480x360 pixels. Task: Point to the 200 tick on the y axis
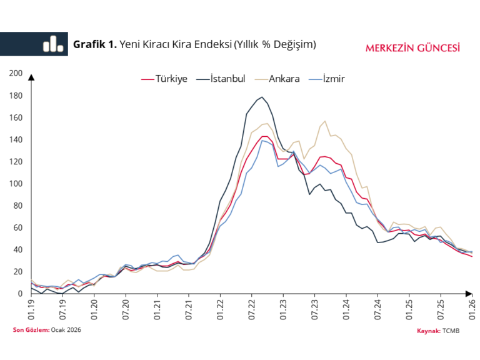[16, 74]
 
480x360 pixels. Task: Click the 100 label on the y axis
[16, 184]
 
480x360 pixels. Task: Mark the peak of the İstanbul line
[262, 97]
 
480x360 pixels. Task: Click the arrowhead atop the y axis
[31, 77]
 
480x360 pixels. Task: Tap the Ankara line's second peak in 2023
[325, 121]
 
